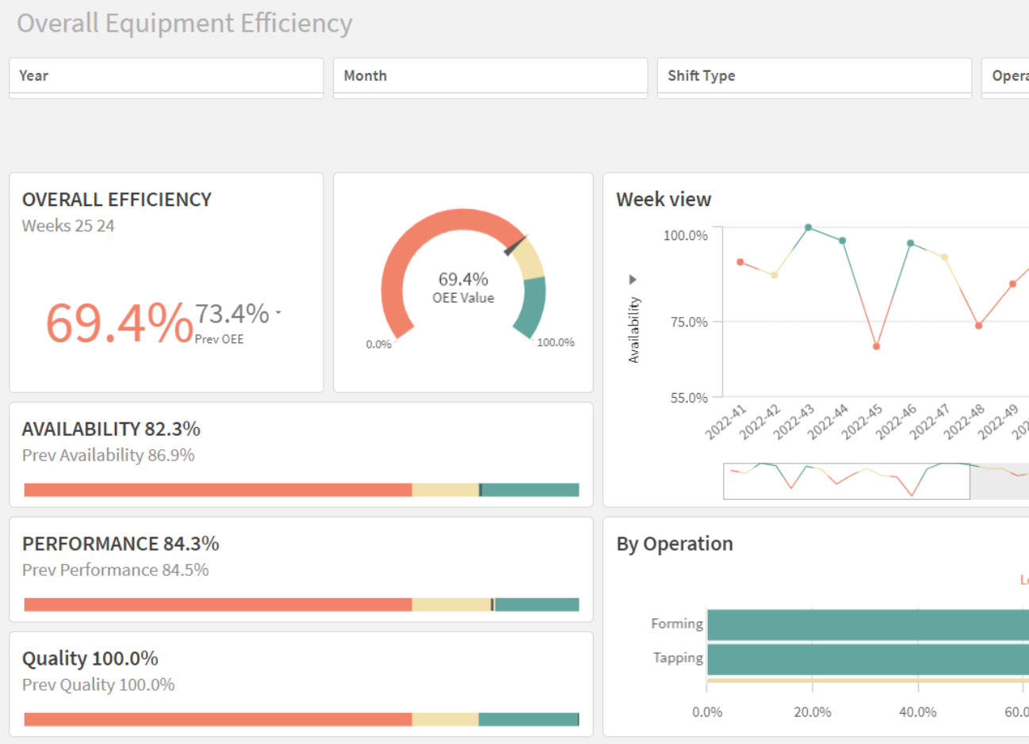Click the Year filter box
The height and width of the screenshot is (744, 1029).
[166, 76]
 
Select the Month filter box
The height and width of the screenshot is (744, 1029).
[490, 76]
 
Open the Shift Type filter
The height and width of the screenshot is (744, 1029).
[814, 76]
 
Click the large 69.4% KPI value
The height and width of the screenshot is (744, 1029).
[119, 323]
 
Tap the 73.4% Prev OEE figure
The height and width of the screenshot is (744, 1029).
[232, 314]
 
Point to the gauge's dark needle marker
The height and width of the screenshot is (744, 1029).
[516, 245]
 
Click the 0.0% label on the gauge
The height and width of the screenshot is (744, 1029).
[378, 345]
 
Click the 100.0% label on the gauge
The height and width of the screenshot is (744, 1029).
[555, 342]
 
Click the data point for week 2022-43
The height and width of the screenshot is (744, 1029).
[809, 227]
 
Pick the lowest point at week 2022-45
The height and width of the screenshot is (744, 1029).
[876, 346]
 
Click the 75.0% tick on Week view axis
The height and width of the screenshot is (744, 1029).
[688, 322]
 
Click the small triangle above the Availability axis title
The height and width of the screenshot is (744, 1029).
[633, 280]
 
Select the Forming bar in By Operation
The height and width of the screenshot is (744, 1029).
[864, 624]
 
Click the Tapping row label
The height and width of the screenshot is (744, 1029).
[678, 658]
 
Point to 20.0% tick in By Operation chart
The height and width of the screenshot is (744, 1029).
[813, 712]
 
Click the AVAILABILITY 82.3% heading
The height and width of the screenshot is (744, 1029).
[111, 429]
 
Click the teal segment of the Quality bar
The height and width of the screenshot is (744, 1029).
[528, 719]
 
